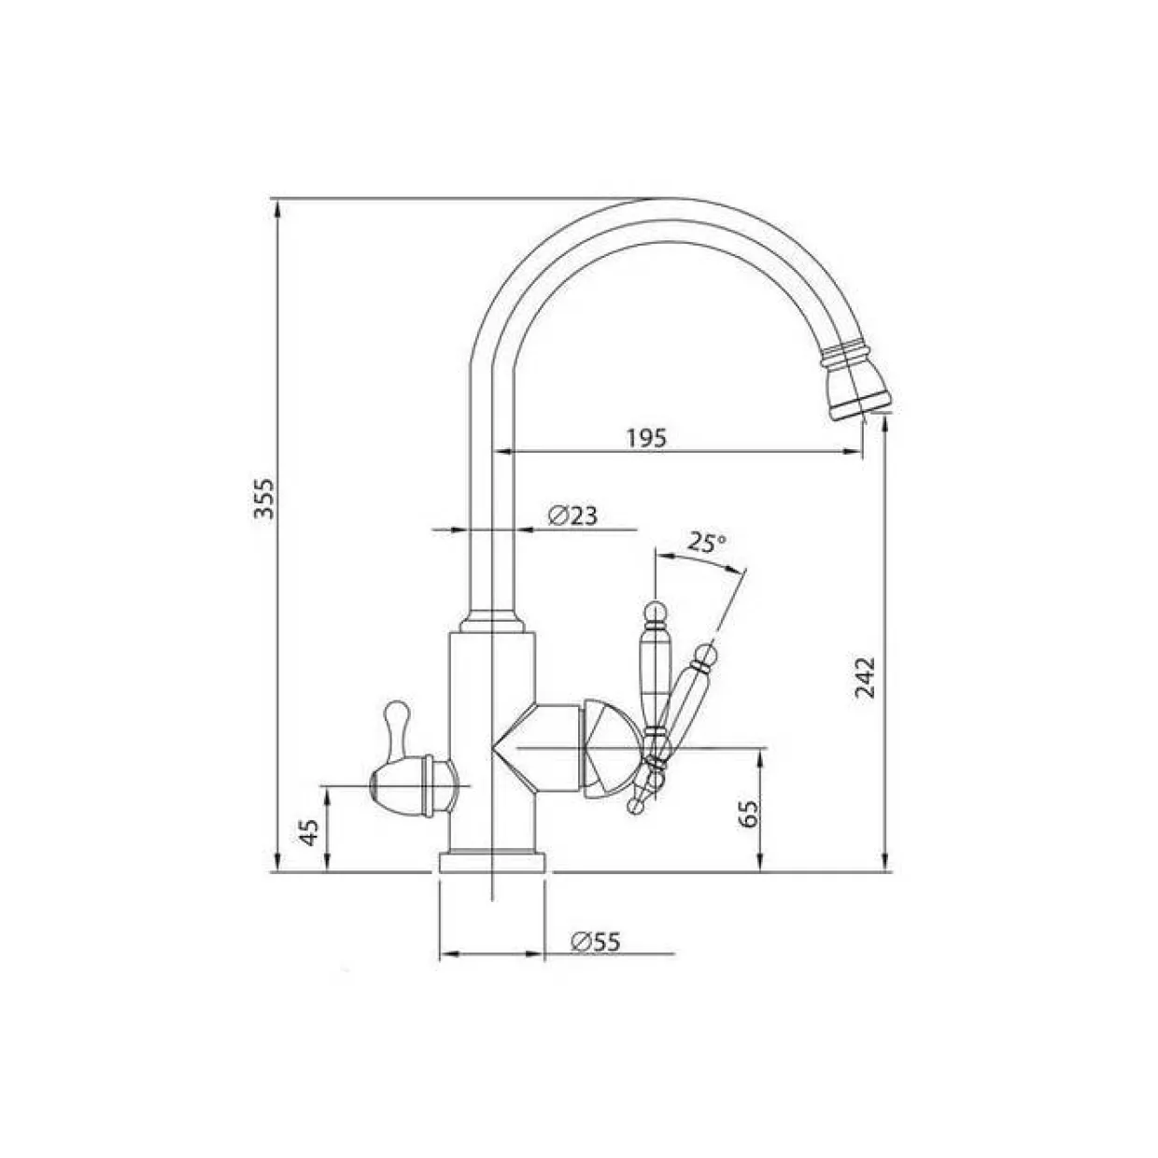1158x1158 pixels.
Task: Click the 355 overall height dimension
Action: [x=263, y=498]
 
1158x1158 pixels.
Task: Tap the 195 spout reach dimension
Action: [x=647, y=438]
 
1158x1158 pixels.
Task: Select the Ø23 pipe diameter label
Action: [x=573, y=515]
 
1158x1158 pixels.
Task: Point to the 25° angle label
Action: [x=707, y=543]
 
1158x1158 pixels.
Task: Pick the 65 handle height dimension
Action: [x=748, y=813]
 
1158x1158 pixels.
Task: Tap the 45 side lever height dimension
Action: [x=309, y=832]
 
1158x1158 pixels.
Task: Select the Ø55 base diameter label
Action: [x=596, y=941]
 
